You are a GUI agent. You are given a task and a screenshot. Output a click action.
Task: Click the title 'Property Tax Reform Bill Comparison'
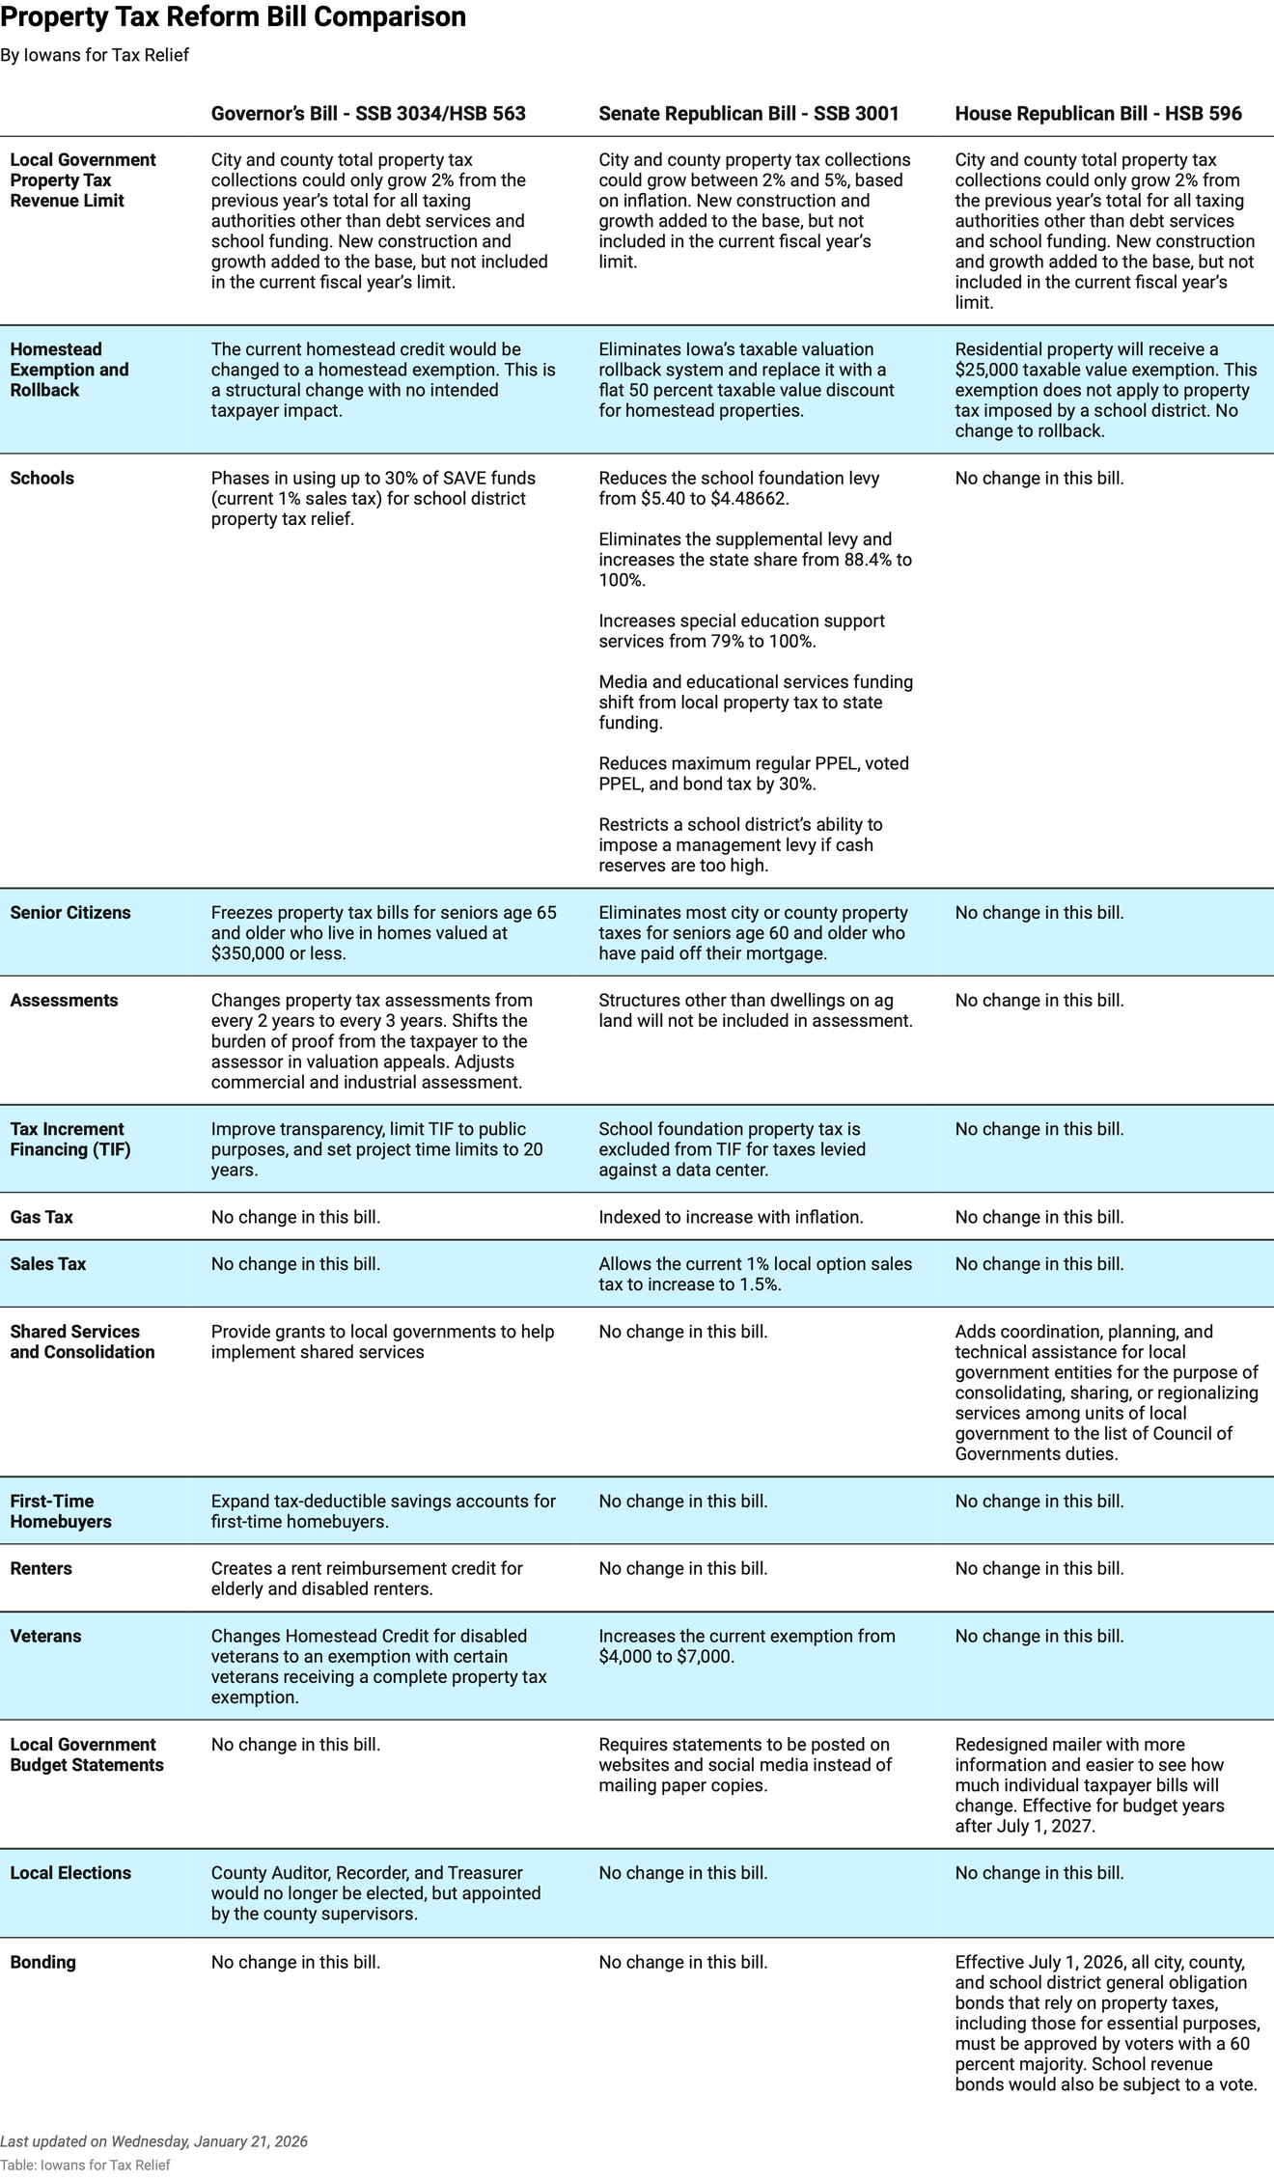tap(234, 17)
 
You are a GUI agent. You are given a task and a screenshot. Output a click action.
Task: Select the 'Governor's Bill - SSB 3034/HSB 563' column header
tap(368, 114)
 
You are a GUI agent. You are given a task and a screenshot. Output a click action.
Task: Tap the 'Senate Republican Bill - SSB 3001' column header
tap(748, 114)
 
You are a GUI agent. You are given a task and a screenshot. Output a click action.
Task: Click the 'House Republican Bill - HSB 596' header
tap(1097, 114)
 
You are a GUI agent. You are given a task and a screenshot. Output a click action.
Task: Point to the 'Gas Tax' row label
tap(42, 1217)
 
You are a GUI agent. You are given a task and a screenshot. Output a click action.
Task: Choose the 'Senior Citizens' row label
tap(69, 913)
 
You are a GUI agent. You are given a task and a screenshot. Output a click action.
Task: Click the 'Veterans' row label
tap(45, 1636)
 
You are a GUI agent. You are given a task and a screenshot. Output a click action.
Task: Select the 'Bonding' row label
tap(42, 1962)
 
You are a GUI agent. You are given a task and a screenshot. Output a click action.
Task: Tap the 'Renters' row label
tap(41, 1568)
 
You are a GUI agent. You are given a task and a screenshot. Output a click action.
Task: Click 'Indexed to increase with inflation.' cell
tap(731, 1217)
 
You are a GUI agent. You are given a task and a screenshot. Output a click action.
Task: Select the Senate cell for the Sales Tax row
tap(754, 1274)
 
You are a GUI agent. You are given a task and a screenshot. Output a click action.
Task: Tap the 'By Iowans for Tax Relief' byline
tap(95, 55)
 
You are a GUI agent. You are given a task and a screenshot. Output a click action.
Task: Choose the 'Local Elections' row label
tap(69, 1873)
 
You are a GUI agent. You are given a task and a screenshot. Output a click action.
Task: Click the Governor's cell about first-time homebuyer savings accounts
tap(382, 1511)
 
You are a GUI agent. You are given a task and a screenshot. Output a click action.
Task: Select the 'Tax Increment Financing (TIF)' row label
tap(69, 1140)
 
